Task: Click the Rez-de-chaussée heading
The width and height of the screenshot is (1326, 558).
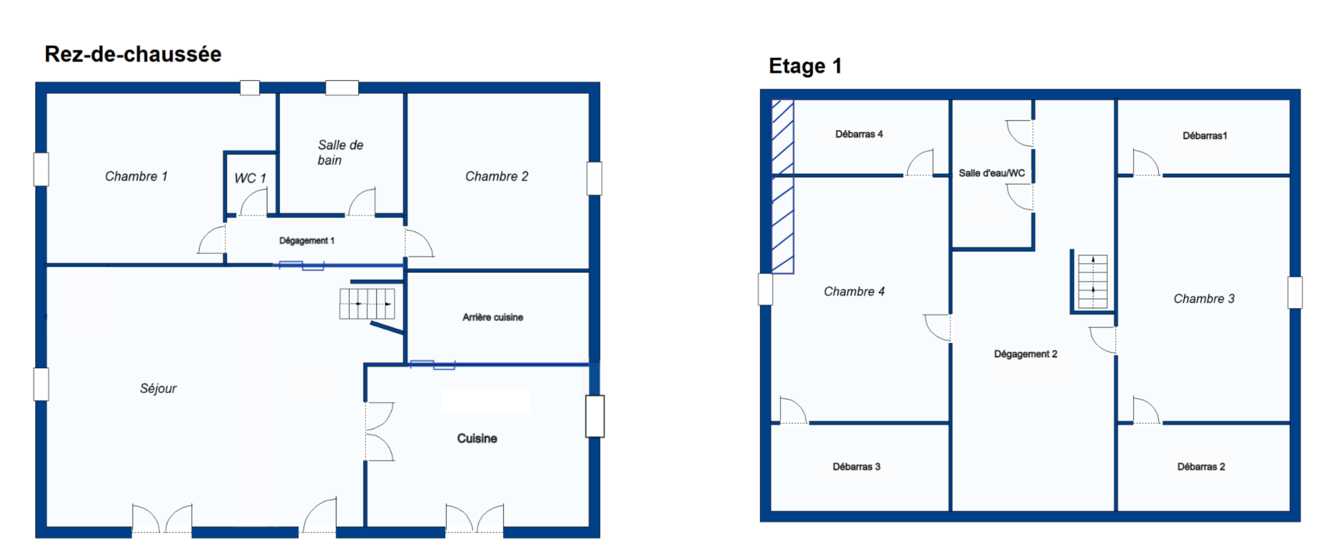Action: [133, 54]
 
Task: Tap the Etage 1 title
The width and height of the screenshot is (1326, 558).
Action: [805, 66]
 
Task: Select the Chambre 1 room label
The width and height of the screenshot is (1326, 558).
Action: [136, 176]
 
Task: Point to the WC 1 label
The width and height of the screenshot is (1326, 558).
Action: [250, 178]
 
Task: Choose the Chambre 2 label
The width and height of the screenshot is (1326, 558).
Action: [497, 176]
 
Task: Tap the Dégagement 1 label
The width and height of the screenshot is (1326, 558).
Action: [307, 241]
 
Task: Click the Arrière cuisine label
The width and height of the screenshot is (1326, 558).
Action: [493, 317]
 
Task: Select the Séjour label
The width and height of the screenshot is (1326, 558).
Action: [158, 388]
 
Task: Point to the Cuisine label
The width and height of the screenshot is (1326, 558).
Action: [477, 438]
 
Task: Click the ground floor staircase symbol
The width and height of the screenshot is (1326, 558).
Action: [367, 304]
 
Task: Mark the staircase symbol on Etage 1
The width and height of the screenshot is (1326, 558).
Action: [1093, 282]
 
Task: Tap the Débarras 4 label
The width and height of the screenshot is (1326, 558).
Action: [859, 134]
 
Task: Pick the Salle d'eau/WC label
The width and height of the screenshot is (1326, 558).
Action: [992, 173]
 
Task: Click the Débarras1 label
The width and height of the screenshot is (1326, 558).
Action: [1205, 135]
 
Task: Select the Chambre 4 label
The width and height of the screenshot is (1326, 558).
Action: [854, 291]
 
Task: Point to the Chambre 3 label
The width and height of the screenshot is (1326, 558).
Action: [1204, 298]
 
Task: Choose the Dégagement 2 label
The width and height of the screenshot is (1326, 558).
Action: [1026, 354]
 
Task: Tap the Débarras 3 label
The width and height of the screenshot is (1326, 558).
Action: [857, 467]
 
